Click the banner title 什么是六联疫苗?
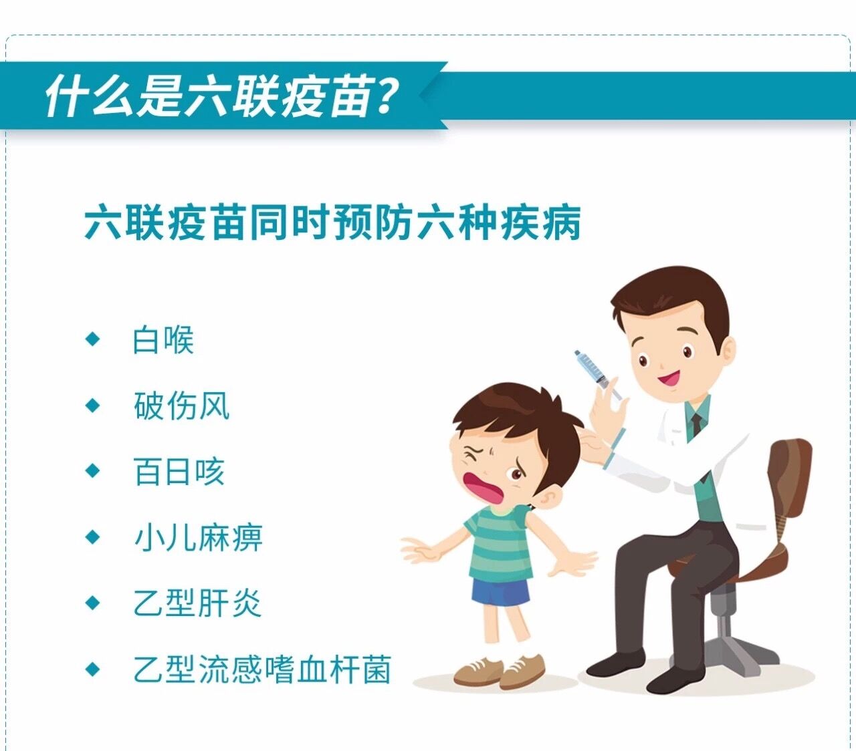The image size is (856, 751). [x=222, y=96]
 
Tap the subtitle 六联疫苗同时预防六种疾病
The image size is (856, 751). [x=332, y=222]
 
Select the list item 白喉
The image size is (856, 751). [x=163, y=340]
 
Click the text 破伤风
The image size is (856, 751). [x=182, y=406]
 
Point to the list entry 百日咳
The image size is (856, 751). [x=179, y=471]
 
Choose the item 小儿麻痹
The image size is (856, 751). [x=199, y=537]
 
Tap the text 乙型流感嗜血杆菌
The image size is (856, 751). [x=262, y=669]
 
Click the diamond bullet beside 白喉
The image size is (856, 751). [x=92, y=339]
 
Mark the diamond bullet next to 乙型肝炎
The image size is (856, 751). [x=92, y=603]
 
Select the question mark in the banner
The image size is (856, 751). [x=385, y=96]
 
